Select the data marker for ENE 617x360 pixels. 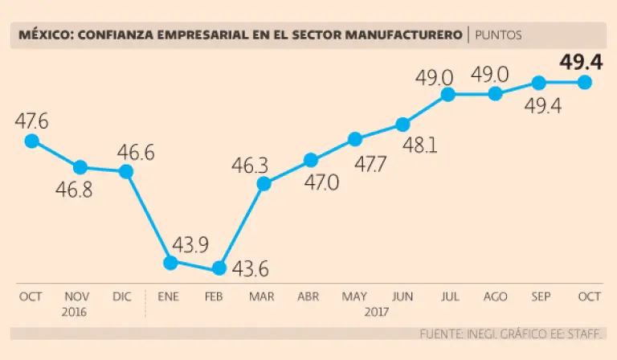tap(170, 262)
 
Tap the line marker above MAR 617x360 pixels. tap(264, 184)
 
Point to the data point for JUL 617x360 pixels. tap(448, 94)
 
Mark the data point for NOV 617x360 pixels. tap(80, 167)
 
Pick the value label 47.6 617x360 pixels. tap(31, 121)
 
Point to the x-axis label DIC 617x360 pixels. tap(122, 297)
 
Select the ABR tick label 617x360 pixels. tap(309, 297)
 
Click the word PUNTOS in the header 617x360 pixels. tap(498, 35)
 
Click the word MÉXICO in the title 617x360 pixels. tap(41, 35)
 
